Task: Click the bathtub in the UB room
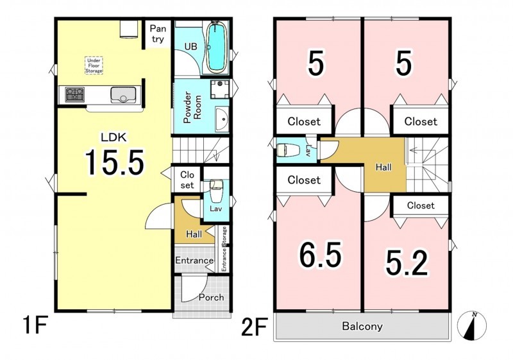click(x=216, y=47)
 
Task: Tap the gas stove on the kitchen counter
click(x=74, y=94)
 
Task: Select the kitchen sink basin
click(x=123, y=95)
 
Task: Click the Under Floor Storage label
click(x=94, y=65)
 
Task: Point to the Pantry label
click(x=158, y=34)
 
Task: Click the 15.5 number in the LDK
click(x=114, y=162)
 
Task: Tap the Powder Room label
click(x=192, y=107)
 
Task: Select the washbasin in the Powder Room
click(x=222, y=120)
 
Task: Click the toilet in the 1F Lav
click(x=215, y=190)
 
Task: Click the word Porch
click(x=212, y=298)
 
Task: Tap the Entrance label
click(x=194, y=261)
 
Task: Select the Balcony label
click(x=362, y=326)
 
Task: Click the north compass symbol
click(x=472, y=325)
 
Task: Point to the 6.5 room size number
click(x=320, y=255)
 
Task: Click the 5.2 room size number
click(x=407, y=263)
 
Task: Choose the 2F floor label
click(x=255, y=326)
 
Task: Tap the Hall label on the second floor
click(x=383, y=167)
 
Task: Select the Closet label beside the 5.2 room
click(x=421, y=205)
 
